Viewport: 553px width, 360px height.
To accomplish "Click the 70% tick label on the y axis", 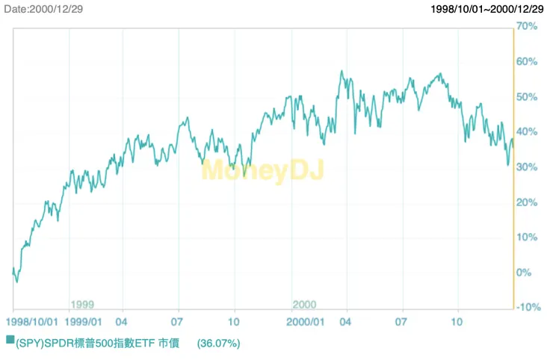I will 528,26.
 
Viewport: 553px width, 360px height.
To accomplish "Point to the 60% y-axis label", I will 528,61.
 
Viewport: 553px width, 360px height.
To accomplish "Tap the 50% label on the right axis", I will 528,96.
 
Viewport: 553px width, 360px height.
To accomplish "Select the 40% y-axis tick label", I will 528,131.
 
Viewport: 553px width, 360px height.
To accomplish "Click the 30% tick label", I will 528,167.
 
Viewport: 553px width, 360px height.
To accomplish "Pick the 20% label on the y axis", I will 528,202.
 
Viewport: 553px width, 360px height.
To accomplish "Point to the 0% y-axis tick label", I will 525,273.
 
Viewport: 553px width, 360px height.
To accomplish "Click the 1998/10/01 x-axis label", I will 31,322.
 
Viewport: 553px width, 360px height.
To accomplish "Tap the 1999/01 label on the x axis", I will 84,322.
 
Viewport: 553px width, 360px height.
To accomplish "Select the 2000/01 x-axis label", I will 306,322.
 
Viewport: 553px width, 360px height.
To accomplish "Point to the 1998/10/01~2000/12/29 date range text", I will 487,9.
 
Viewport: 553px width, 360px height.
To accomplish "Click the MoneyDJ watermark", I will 262,171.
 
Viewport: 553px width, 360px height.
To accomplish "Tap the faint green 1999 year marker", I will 81,305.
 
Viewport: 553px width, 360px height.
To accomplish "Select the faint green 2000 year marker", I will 304,305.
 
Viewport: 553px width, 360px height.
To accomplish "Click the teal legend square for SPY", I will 10,340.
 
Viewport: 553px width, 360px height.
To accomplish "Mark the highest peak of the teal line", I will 342,72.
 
